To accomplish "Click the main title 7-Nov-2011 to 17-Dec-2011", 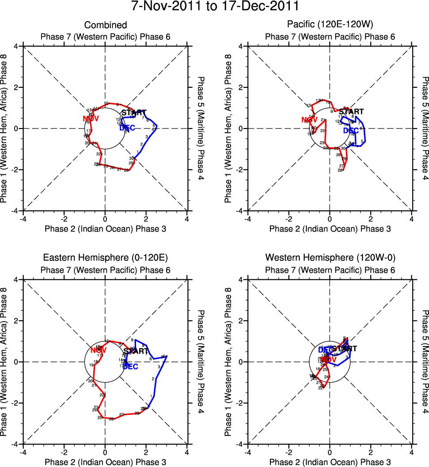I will (x=214, y=7).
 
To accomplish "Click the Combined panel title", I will (x=105, y=25).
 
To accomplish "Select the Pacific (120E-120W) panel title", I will (x=330, y=25).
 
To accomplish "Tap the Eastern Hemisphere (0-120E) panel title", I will (x=105, y=258).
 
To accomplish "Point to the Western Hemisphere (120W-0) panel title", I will (x=330, y=258).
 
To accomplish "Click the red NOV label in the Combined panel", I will (x=91, y=118).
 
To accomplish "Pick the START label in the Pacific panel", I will (x=351, y=112).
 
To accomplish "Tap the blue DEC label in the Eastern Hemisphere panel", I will (x=130, y=366).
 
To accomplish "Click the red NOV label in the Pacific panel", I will (x=310, y=120).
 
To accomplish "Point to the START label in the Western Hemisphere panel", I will (x=345, y=349).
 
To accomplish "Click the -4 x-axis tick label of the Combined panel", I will (x=23, y=219).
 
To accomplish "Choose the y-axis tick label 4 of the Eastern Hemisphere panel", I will (x=15, y=280).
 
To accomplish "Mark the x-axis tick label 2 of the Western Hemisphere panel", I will (x=371, y=452).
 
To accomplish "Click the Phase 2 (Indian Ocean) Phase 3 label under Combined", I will (x=105, y=229).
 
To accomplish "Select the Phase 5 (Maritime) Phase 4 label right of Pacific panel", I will (x=425, y=128).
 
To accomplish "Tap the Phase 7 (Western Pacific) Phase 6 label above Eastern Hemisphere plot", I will (x=105, y=270).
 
